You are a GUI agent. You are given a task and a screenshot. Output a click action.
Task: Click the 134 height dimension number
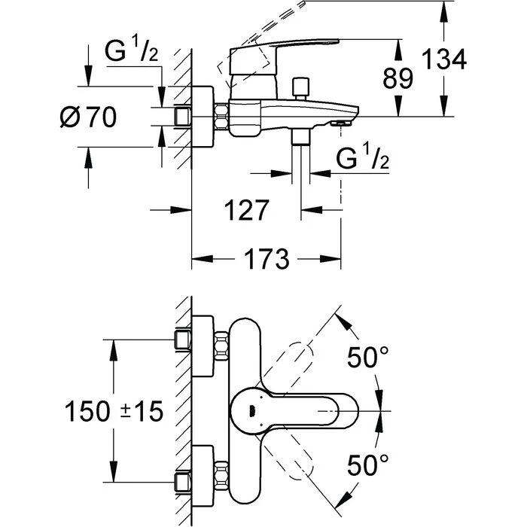click(x=443, y=59)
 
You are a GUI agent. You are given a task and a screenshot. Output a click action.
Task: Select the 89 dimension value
click(x=398, y=78)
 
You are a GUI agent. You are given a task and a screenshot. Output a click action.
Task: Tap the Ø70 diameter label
click(x=88, y=117)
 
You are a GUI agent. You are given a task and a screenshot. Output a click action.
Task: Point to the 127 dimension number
click(x=246, y=210)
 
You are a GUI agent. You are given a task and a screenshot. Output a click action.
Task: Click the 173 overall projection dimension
click(x=267, y=259)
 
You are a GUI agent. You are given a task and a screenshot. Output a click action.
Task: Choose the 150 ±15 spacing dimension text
click(x=114, y=411)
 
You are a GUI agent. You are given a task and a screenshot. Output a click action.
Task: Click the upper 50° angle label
click(x=367, y=357)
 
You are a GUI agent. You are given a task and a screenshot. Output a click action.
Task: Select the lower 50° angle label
click(x=367, y=465)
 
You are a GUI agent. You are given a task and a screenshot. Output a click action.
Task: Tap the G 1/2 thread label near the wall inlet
click(x=131, y=50)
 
